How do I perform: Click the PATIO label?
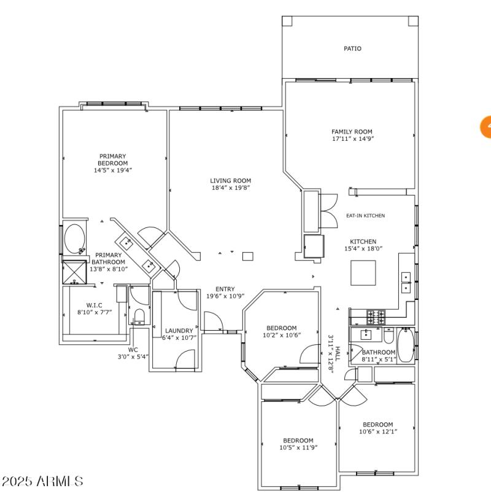pos(352,49)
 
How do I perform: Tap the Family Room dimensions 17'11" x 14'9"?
pos(352,139)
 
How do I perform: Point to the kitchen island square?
pos(363,272)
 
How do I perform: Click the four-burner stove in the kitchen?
pos(376,317)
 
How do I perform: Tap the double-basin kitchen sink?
pos(406,282)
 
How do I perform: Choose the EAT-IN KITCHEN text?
pos(365,216)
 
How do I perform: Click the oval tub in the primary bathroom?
pos(75,239)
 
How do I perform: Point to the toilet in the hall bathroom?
pos(388,337)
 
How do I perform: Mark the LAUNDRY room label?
pos(179,331)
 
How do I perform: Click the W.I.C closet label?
pos(93,305)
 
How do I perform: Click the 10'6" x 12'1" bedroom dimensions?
pos(377,431)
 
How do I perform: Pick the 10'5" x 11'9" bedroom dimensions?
pos(298,447)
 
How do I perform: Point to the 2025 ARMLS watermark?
pos(42,481)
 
